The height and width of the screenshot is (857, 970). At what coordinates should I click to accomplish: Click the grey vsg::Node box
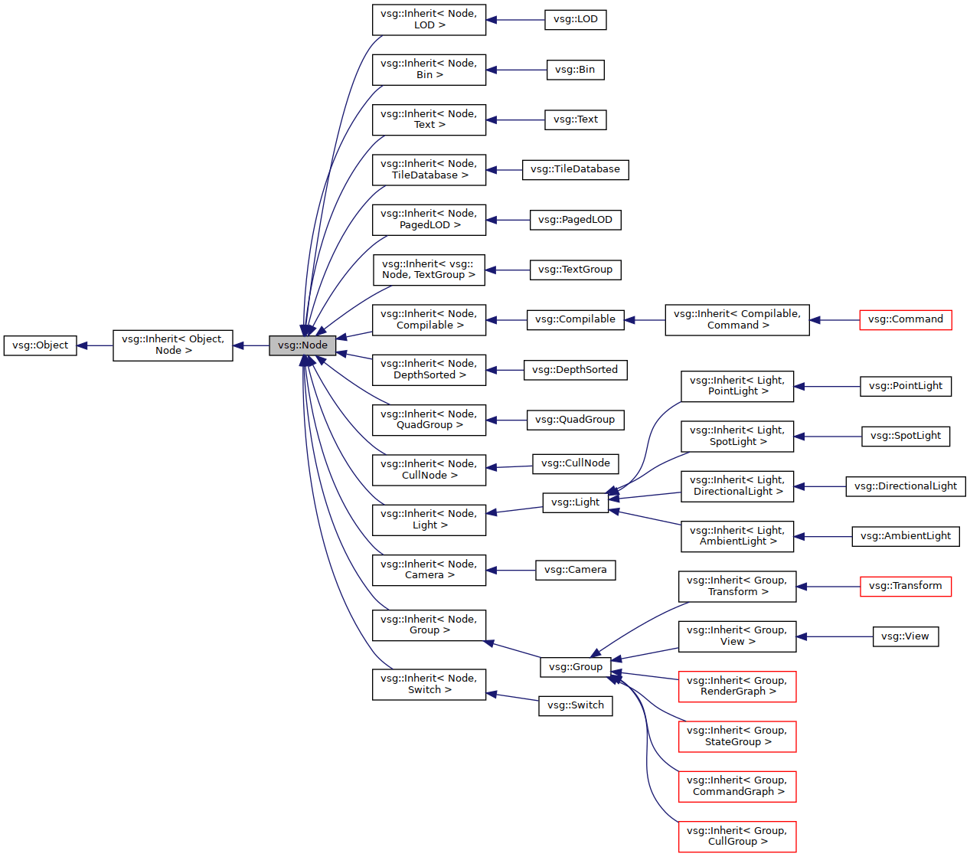(302, 345)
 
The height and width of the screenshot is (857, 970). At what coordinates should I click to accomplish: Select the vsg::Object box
(40, 345)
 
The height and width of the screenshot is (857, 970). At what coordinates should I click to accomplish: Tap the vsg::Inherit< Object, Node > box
(173, 345)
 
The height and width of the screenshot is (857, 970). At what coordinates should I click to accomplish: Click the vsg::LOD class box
(575, 19)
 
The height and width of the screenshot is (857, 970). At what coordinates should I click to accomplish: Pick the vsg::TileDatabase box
(575, 169)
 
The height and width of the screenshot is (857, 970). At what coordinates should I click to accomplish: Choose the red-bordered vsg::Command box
(905, 319)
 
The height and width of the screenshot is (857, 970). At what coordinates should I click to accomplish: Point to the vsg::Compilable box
(575, 319)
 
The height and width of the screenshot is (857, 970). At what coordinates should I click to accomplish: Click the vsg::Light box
(575, 502)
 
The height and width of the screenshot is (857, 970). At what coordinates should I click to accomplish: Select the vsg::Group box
(575, 667)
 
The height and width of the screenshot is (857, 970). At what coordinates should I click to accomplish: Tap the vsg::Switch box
(575, 705)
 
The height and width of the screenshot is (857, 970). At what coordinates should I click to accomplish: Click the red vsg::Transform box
(905, 586)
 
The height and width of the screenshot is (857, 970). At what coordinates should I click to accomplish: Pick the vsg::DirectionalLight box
(905, 486)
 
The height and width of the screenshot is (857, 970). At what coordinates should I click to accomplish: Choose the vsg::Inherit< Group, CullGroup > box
(736, 836)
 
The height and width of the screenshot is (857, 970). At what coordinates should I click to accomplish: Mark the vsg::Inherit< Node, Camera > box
(429, 570)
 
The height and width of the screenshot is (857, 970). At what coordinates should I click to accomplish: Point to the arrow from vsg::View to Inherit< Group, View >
(834, 636)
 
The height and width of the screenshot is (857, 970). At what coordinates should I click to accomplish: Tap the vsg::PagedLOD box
(575, 220)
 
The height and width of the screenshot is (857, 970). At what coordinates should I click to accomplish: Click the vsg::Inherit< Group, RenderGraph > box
(736, 686)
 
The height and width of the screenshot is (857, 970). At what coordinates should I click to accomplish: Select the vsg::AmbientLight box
(905, 536)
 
